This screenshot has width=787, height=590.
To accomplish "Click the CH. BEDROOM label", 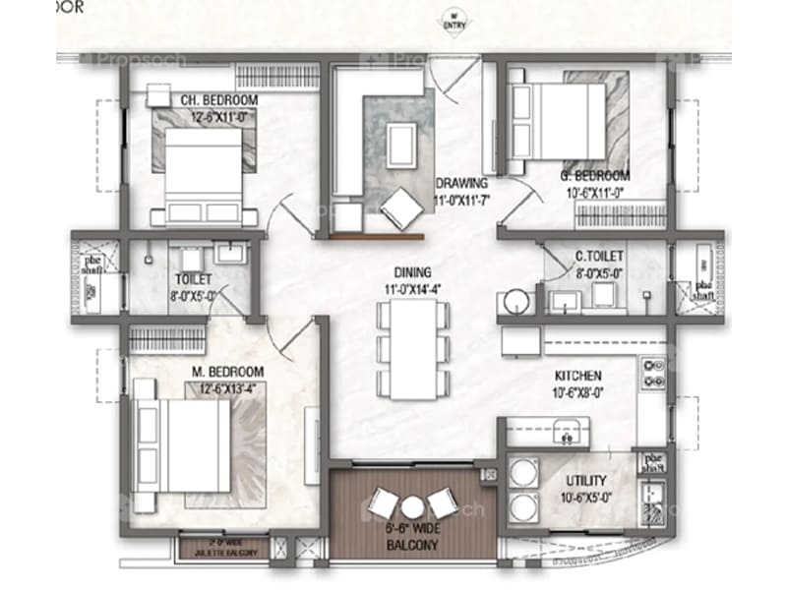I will [x=217, y=100].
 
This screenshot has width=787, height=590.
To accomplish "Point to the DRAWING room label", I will [x=460, y=183].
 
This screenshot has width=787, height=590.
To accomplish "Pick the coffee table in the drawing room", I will [x=399, y=144].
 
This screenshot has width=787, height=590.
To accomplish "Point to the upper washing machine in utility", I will [x=518, y=474].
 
